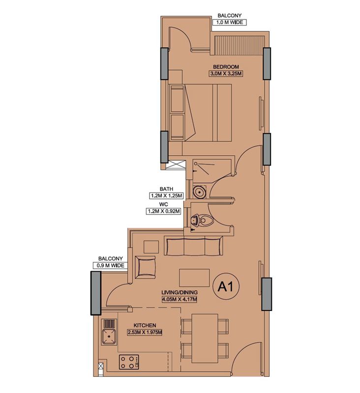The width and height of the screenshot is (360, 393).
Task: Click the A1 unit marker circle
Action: (x=226, y=286)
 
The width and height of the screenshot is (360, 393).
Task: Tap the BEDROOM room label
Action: (x=226, y=67)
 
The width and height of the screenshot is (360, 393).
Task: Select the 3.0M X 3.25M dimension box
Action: (x=226, y=74)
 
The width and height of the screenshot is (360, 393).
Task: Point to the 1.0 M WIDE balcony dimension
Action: (x=230, y=22)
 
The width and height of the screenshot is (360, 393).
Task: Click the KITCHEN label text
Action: (x=145, y=325)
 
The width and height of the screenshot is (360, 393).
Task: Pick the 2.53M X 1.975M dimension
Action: (x=145, y=333)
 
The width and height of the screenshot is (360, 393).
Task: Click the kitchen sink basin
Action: (x=109, y=337)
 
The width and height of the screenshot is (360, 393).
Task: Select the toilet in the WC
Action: (x=202, y=220)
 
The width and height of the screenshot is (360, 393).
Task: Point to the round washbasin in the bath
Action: (x=200, y=192)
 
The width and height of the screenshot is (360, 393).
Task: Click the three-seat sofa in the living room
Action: (x=193, y=246)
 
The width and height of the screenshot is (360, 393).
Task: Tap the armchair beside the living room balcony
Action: (x=145, y=267)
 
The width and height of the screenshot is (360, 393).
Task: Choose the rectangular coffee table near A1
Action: (x=194, y=278)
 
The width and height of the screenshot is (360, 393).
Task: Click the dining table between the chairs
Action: (x=205, y=338)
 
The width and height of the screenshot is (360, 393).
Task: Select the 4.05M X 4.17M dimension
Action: (x=180, y=299)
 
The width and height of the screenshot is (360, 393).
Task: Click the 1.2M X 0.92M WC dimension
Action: (x=164, y=211)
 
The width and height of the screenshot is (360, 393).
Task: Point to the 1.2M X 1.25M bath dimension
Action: (x=166, y=196)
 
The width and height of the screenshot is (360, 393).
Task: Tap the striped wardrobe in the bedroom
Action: (x=240, y=45)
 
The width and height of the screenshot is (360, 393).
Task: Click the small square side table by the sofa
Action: (x=151, y=247)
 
